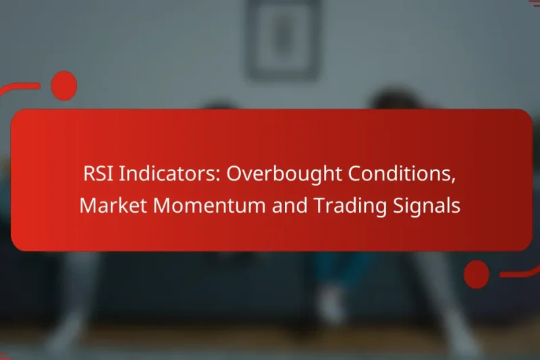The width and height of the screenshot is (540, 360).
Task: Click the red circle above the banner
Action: [64, 86]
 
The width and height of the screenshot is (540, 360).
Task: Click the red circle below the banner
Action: [477, 275]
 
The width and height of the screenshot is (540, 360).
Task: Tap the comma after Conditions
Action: [452, 180]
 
